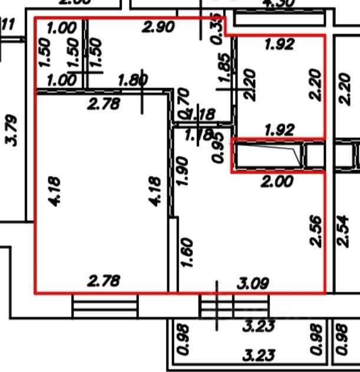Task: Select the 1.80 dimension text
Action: click(133, 80)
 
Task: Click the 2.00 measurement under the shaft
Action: click(277, 182)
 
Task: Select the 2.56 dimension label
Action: click(315, 231)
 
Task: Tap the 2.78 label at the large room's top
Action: click(104, 104)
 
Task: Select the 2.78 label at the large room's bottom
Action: click(104, 281)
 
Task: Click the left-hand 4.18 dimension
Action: click(55, 192)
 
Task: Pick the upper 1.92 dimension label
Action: click(279, 45)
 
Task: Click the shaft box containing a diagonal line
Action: click(268, 156)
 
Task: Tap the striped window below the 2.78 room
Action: click(105, 305)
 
